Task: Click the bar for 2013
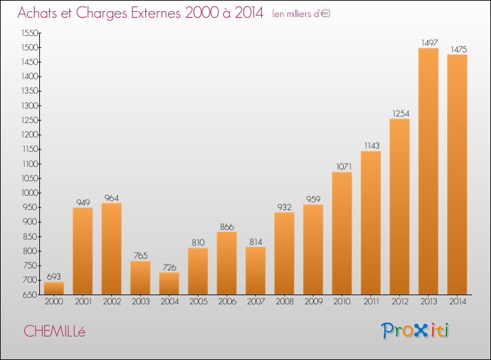[428, 171]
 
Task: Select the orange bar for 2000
[54, 288]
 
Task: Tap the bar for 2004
[169, 283]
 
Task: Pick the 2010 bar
[342, 233]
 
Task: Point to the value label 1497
[429, 43]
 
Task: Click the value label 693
[54, 276]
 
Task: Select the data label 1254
[401, 113]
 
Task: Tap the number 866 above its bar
[227, 226]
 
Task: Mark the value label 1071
[344, 166]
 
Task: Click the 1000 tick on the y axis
[29, 193]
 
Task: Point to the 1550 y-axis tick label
[29, 33]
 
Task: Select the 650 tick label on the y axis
[30, 295]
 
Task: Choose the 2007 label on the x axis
[256, 301]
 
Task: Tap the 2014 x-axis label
[458, 301]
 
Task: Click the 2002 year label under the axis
[112, 301]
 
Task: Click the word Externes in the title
[156, 13]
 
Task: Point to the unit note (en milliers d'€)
[301, 14]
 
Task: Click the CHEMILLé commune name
[54, 331]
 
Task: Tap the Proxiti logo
[415, 331]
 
